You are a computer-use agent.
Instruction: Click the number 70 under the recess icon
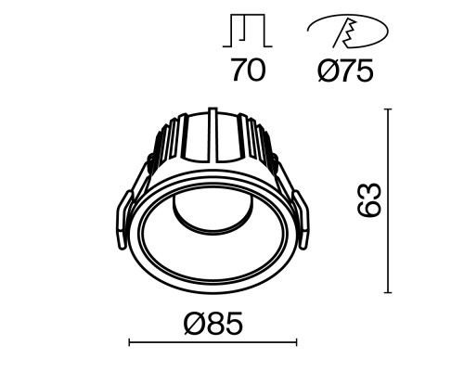click(249, 70)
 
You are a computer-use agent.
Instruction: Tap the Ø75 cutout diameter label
click(346, 70)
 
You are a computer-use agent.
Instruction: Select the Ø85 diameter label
click(213, 323)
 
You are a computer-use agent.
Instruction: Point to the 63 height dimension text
click(368, 200)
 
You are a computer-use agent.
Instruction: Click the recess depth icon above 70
click(248, 31)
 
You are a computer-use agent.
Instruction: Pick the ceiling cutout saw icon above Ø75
click(348, 32)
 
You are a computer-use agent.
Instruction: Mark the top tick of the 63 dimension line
click(387, 109)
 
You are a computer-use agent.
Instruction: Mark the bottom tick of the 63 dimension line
click(387, 292)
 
